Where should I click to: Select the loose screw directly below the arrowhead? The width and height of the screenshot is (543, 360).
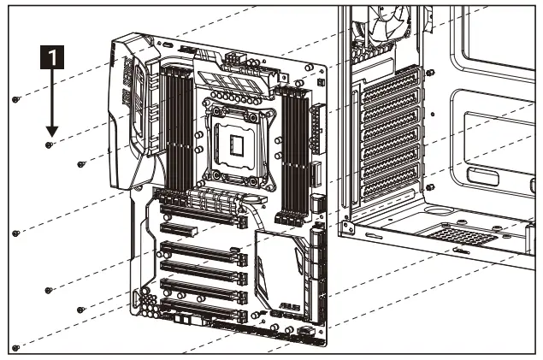(x=49, y=146)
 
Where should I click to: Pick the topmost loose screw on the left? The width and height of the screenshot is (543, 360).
(x=16, y=99)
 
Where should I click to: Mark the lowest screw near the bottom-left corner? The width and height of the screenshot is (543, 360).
(x=15, y=347)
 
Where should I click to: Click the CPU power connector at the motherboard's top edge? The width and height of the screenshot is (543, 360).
(x=232, y=62)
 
